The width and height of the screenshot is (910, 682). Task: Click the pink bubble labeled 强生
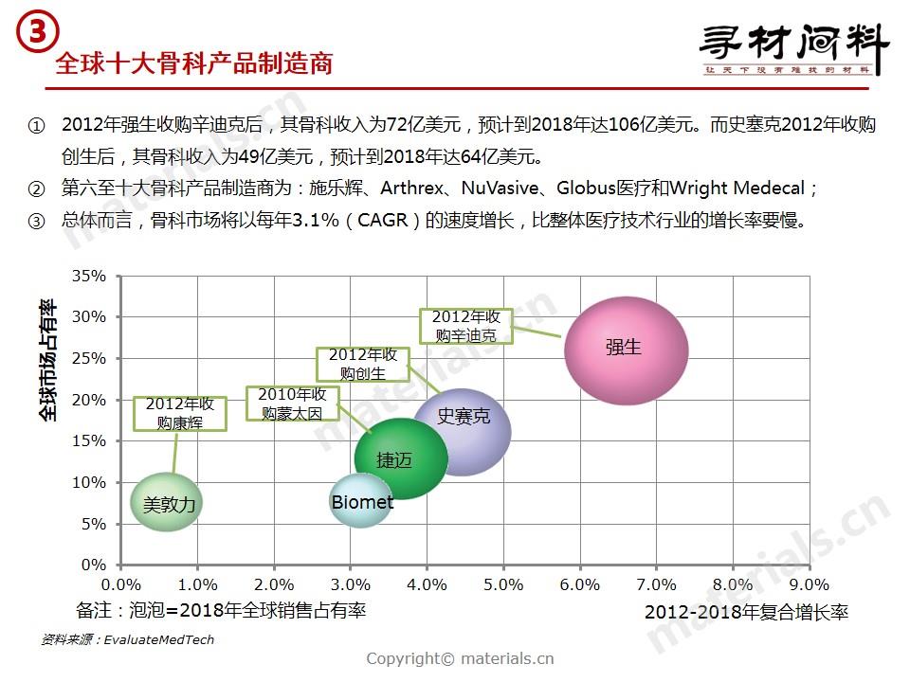(x=626, y=350)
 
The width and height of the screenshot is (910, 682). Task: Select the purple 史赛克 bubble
(x=463, y=431)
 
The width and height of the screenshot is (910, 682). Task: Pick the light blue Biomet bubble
(x=361, y=503)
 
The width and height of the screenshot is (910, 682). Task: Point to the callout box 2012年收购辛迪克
(x=465, y=326)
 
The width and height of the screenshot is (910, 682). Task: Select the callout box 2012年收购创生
(x=362, y=364)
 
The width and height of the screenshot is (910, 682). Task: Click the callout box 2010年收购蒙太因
(x=292, y=404)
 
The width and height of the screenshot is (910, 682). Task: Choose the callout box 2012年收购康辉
(x=180, y=414)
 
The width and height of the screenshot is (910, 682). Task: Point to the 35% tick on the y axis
(x=90, y=277)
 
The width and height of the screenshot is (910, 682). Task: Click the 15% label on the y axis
(x=90, y=441)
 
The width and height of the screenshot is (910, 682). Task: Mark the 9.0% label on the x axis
(x=810, y=584)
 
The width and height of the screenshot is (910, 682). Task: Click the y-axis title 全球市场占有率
(x=47, y=360)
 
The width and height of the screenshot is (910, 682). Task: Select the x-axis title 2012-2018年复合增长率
(x=746, y=613)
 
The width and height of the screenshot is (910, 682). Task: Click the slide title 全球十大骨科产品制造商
(x=194, y=63)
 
